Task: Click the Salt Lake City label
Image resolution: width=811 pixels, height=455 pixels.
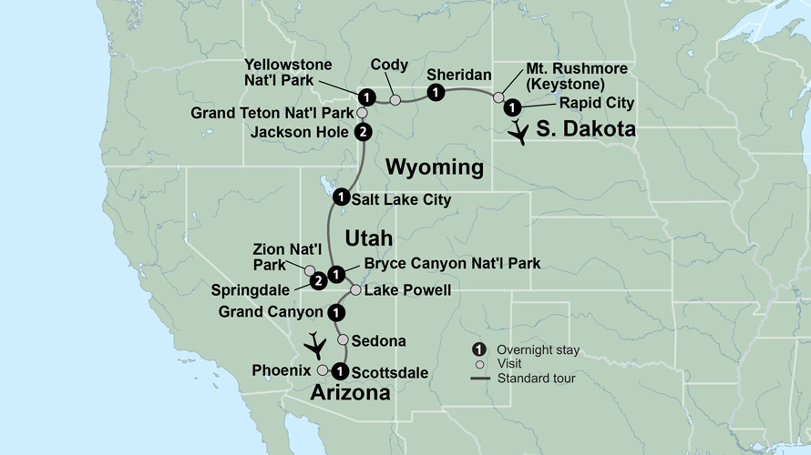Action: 402,199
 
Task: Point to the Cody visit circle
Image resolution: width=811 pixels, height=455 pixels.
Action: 395,99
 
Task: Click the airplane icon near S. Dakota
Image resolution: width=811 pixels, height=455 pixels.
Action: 518,134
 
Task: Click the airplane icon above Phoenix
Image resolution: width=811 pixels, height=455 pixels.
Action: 315,345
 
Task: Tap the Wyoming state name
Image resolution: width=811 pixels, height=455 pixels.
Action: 434,167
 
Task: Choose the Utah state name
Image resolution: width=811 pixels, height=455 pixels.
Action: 368,238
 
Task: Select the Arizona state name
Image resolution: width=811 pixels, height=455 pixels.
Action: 351,393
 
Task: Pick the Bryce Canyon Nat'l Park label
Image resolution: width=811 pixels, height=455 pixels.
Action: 452,264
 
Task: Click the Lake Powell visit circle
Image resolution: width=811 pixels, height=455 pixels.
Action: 356,290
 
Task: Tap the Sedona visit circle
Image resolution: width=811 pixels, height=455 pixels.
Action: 343,339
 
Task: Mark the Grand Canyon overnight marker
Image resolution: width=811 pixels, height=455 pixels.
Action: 337,312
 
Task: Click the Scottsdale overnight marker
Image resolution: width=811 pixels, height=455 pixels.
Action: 339,370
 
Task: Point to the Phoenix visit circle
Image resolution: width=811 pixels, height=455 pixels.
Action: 323,370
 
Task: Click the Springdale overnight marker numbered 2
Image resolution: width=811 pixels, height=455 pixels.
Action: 318,281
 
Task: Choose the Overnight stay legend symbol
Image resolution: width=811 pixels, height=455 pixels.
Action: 479,350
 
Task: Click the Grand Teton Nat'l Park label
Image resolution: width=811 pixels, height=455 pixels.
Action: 272,114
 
